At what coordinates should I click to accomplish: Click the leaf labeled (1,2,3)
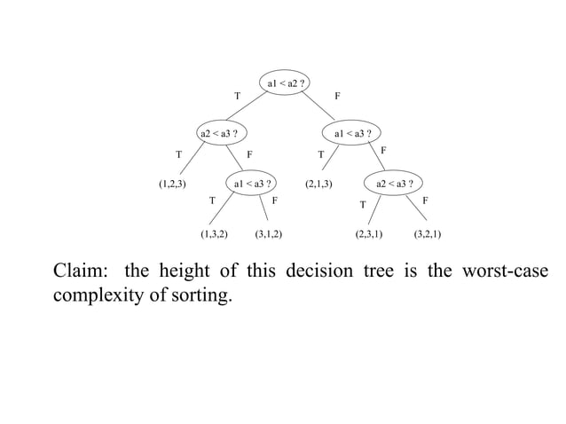tap(172, 185)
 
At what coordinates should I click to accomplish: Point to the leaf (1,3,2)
tap(214, 235)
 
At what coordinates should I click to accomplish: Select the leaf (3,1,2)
tap(269, 235)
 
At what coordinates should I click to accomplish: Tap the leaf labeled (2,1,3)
tap(318, 185)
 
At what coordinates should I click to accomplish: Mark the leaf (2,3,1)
tap(368, 235)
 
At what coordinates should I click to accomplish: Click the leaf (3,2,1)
tap(428, 235)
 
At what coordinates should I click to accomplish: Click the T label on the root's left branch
tap(236, 96)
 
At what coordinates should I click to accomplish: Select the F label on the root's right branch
tap(337, 96)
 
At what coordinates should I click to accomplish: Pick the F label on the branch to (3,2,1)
tap(426, 201)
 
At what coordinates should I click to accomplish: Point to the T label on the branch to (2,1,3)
tap(320, 154)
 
